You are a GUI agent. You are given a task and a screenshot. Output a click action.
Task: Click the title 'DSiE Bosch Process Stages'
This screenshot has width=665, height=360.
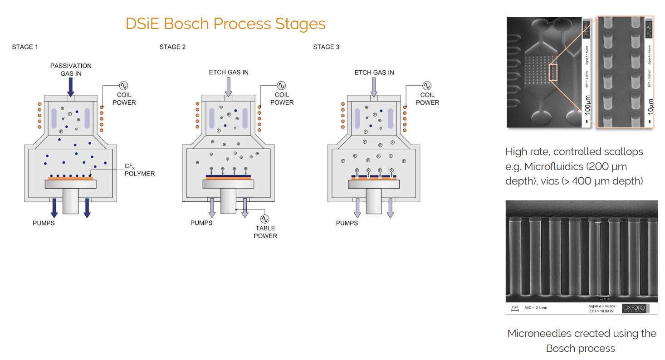225,24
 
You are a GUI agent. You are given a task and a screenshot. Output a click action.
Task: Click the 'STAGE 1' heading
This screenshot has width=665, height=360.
25,47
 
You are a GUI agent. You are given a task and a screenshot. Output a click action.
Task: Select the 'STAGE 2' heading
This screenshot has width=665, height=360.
172,47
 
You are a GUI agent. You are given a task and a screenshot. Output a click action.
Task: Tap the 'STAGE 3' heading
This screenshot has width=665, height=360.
326,47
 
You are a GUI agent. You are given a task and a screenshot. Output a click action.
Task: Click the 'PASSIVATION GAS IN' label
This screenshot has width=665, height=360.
71,69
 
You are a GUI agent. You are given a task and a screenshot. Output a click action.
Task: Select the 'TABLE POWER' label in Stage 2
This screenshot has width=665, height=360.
265,232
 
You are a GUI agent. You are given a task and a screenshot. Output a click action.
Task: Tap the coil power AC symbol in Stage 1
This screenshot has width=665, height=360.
124,85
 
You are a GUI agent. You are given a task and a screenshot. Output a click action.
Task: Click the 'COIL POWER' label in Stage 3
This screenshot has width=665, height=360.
427,99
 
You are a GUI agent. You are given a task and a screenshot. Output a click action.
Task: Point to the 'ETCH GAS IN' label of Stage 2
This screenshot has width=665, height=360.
229,73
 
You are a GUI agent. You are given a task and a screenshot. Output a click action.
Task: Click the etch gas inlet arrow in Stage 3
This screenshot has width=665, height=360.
374,87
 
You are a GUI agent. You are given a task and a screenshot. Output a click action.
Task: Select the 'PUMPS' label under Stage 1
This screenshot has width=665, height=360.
44,223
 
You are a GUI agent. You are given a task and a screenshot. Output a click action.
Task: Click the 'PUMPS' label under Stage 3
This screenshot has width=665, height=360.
347,223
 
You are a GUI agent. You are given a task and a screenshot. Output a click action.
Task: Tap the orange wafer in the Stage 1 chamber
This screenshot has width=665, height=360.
70,179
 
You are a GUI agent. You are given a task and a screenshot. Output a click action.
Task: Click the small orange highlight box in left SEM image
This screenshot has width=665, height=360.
553,73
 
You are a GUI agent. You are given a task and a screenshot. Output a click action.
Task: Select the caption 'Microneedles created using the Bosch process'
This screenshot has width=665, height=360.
582,341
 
